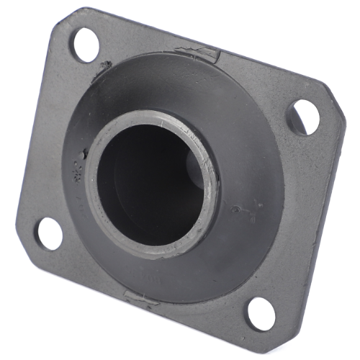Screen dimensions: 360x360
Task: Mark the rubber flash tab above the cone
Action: tap(197, 52)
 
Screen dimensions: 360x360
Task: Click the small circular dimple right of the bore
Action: tap(235, 210)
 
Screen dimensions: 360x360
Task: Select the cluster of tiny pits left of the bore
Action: tap(77, 171)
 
